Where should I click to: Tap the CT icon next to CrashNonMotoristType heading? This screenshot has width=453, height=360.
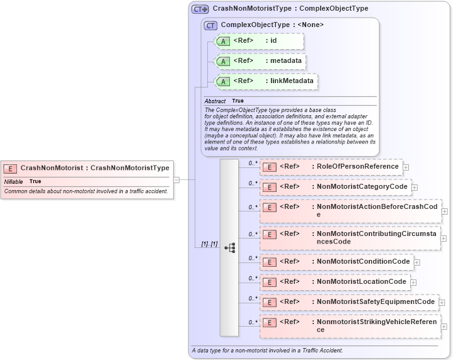pyautogui.click(x=200, y=9)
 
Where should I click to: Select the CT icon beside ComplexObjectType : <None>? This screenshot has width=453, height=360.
pyautogui.click(x=210, y=25)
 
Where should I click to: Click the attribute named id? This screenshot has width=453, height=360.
pyautogui.click(x=273, y=41)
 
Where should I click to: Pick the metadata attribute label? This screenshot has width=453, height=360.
pyautogui.click(x=285, y=61)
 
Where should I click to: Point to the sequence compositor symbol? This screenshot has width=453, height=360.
pyautogui.click(x=229, y=247)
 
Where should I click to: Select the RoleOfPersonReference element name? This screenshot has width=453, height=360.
pyautogui.click(x=357, y=167)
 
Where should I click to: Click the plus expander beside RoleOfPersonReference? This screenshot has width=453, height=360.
pyautogui.click(x=406, y=167)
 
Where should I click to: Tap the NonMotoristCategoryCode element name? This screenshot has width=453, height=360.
pyautogui.click(x=363, y=187)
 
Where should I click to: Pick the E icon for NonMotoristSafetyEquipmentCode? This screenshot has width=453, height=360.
pyautogui.click(x=269, y=302)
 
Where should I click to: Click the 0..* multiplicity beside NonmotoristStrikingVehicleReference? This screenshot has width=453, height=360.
pyautogui.click(x=253, y=322)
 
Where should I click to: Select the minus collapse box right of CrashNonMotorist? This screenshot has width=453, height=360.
pyautogui.click(x=176, y=179)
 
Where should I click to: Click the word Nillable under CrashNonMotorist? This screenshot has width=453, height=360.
pyautogui.click(x=13, y=181)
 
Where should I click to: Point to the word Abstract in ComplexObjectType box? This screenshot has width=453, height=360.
pyautogui.click(x=215, y=101)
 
